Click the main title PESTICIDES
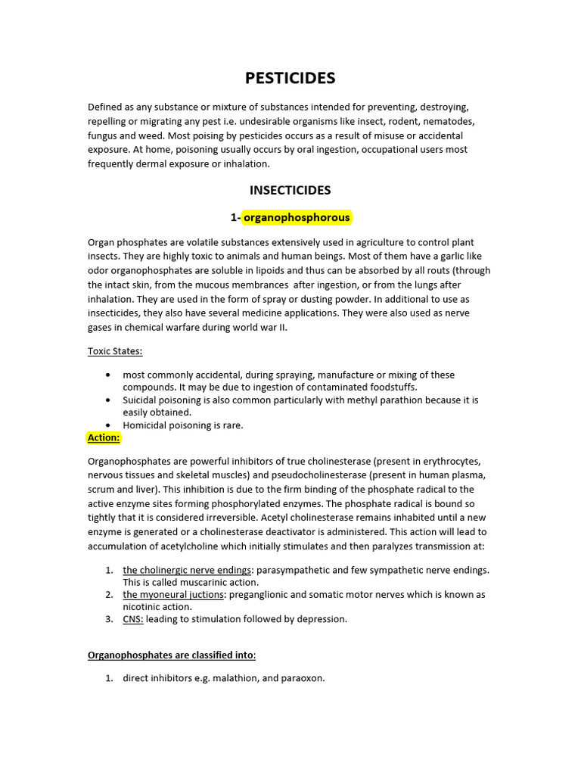coord(290,78)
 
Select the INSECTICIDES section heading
coord(290,190)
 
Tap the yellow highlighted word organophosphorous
coord(297,218)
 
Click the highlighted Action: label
coord(104,437)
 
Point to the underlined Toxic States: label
coord(115,351)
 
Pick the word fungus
coord(104,135)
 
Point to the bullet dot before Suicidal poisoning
coord(110,400)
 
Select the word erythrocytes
coord(449,461)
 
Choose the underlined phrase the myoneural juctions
coord(173,594)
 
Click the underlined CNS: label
coord(133,619)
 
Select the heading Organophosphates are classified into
coord(172,655)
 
